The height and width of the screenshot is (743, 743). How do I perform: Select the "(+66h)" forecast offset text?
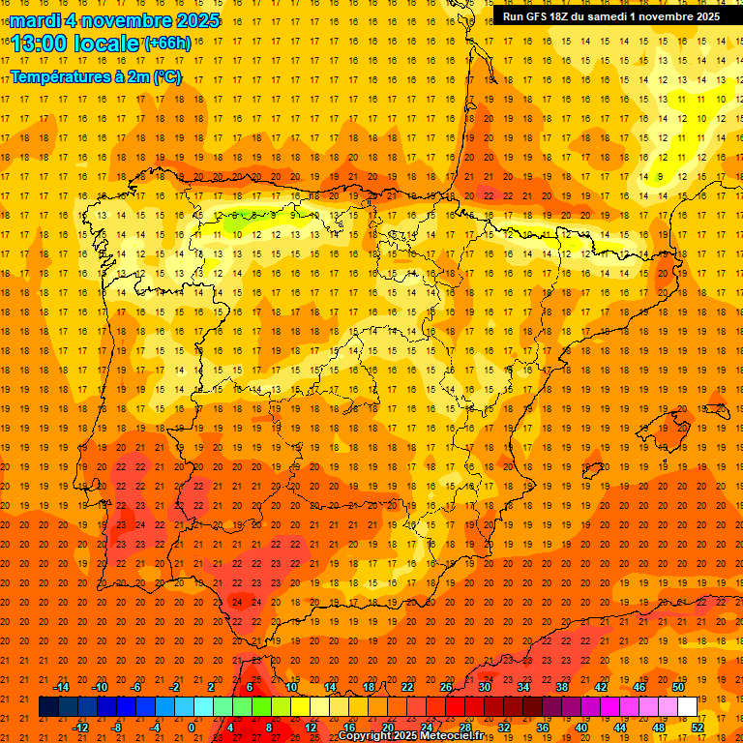[166, 43]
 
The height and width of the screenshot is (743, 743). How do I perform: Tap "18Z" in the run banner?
[572, 16]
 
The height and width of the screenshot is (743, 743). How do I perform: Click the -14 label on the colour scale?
[61, 687]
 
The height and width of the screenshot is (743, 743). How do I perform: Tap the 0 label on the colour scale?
[193, 728]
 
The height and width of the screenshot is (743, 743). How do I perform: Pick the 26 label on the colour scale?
[446, 687]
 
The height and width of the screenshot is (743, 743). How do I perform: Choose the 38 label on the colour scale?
[562, 687]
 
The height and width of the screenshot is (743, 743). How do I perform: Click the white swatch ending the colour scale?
[687, 707]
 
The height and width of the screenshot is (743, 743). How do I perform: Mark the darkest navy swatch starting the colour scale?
[48, 707]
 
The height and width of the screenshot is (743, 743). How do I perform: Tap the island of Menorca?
[717, 410]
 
